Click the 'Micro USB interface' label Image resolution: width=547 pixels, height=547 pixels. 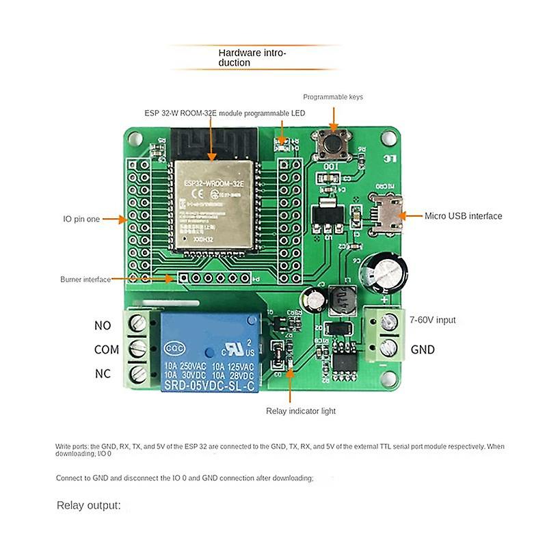click(x=463, y=216)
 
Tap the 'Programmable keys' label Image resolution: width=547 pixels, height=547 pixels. click(x=333, y=97)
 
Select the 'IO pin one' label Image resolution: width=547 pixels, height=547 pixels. click(x=81, y=219)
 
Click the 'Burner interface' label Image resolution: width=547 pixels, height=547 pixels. click(x=85, y=279)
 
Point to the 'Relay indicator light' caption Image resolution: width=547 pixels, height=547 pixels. click(x=301, y=411)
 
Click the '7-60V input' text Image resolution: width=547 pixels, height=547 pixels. click(x=432, y=320)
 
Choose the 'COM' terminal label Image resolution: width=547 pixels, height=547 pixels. click(x=106, y=349)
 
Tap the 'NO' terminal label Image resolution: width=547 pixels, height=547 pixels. click(x=103, y=325)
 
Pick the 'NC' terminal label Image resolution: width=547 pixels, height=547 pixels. click(x=103, y=374)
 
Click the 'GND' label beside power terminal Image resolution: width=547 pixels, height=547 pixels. click(x=423, y=349)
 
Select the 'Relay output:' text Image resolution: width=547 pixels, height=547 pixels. click(x=88, y=506)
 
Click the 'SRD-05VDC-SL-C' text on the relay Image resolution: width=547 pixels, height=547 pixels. click(x=211, y=384)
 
